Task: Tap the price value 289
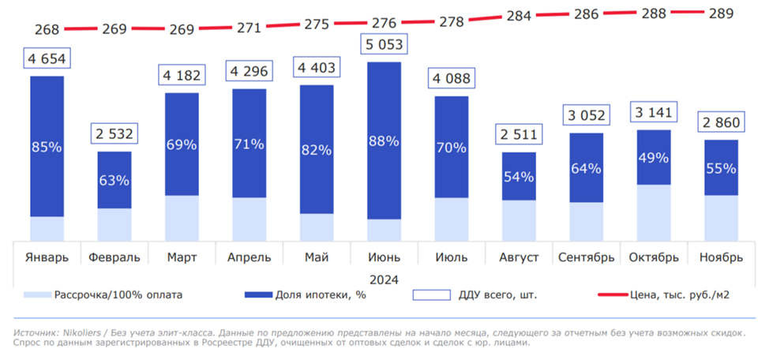(x=721, y=13)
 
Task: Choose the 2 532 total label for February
(x=114, y=133)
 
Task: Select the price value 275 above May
(x=317, y=24)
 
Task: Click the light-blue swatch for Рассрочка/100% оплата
(x=36, y=295)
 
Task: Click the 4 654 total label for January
(x=47, y=58)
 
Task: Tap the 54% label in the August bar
(x=519, y=176)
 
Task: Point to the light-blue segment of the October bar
(x=654, y=213)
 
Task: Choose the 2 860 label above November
(x=721, y=122)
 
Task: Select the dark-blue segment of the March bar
(x=182, y=144)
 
